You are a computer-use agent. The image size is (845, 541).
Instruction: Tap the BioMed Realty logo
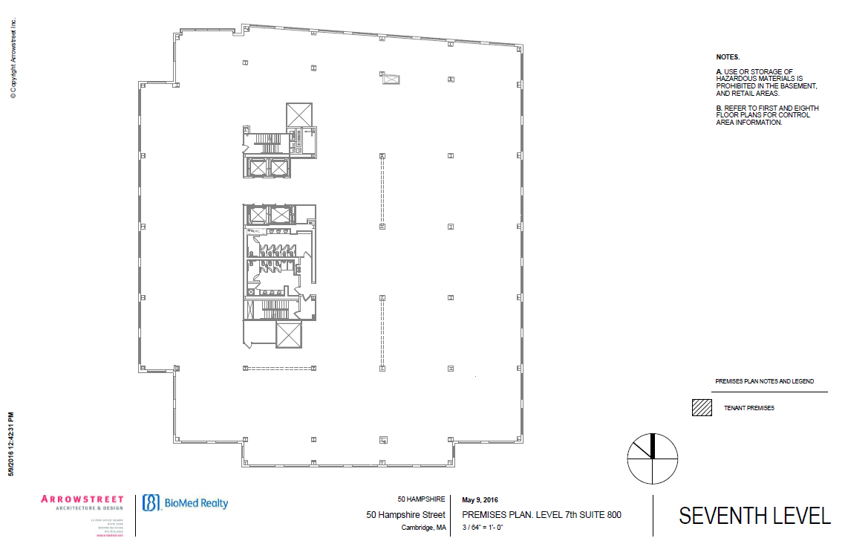(186, 503)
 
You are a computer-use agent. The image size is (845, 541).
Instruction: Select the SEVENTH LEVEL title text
(754, 516)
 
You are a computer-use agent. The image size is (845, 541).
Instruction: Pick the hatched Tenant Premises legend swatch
(702, 408)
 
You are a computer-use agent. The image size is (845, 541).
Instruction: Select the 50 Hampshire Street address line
(406, 514)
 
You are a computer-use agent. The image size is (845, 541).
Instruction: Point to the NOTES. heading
(728, 57)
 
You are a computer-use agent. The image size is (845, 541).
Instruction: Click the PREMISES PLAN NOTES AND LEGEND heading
(765, 381)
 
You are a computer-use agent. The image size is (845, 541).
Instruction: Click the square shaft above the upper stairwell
(299, 114)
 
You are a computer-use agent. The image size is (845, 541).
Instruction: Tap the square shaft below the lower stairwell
(288, 335)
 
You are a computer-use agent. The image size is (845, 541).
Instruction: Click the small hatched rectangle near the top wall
(391, 78)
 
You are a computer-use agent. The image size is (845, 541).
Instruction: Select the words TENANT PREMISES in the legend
(749, 408)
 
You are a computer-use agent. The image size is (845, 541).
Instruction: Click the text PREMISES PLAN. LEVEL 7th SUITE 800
(541, 514)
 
